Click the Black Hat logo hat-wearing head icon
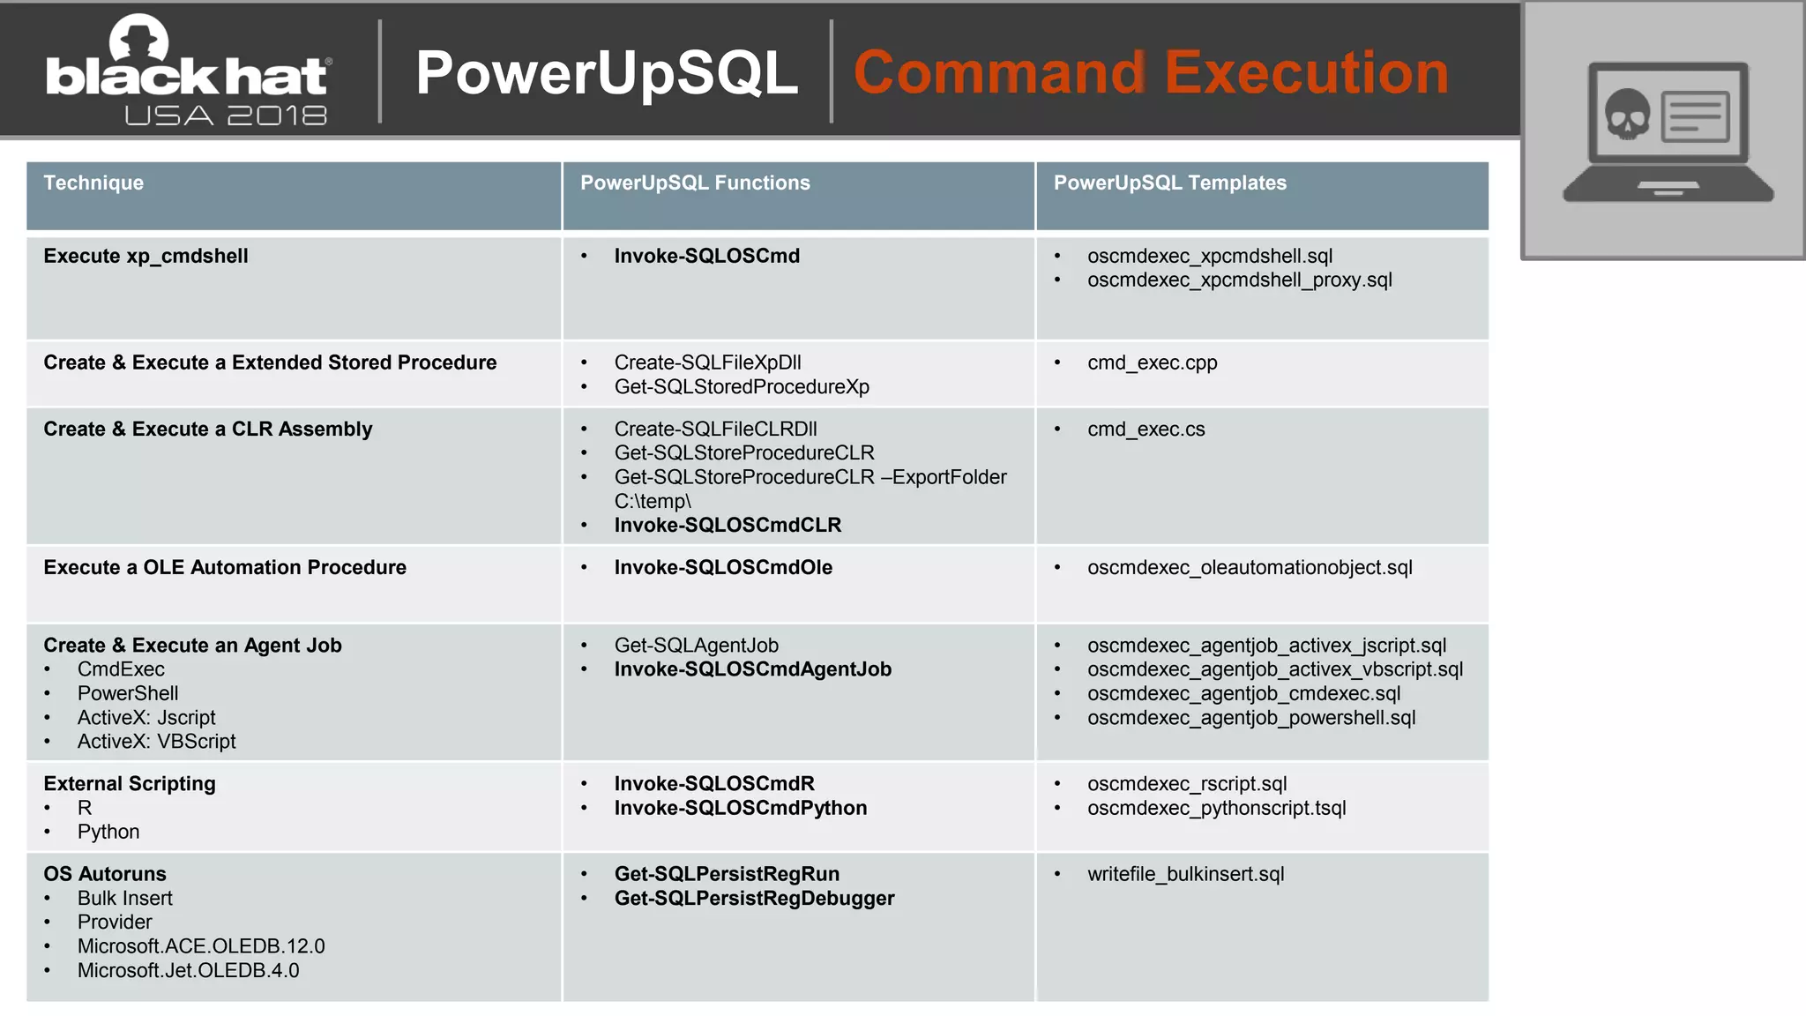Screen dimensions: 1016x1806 (138, 40)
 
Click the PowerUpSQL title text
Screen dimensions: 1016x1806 (607, 72)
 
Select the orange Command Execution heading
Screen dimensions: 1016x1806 (1151, 72)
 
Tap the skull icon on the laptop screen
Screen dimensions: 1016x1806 (1626, 115)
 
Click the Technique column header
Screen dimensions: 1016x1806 (93, 183)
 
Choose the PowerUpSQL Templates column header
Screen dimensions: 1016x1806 (1169, 183)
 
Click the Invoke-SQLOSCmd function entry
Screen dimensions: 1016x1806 (706, 256)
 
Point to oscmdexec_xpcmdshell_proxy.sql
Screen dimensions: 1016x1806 (1239, 280)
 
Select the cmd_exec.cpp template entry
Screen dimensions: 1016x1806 (1152, 362)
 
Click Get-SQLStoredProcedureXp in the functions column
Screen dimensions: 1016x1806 (741, 386)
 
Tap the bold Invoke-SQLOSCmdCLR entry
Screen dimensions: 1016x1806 (728, 525)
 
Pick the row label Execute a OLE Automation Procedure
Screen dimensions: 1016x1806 (225, 567)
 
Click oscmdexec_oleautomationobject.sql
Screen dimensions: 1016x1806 (1249, 567)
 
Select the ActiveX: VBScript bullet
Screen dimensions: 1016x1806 (156, 741)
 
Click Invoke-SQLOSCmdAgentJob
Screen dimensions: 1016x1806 (752, 669)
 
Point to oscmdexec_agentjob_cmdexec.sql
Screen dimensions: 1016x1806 (1243, 693)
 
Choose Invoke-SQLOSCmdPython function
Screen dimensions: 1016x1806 (740, 808)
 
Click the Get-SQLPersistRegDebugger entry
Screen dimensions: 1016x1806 (754, 898)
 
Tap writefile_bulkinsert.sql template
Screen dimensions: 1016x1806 (1185, 874)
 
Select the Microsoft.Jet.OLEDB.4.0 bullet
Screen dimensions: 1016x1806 (188, 970)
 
